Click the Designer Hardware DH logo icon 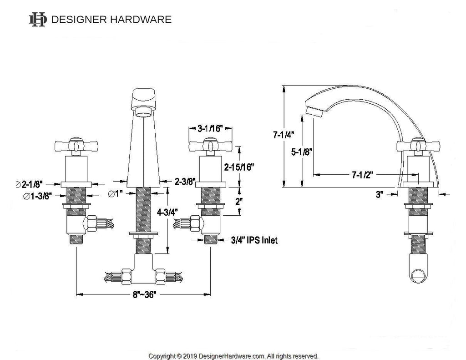[x=37, y=19]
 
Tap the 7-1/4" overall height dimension [x=284, y=135]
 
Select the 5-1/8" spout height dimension [x=301, y=152]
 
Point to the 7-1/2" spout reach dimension [x=362, y=175]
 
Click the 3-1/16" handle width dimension [x=210, y=128]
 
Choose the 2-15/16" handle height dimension [x=239, y=167]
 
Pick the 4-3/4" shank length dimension [x=167, y=212]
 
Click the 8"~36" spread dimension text [x=144, y=294]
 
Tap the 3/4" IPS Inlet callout [x=254, y=240]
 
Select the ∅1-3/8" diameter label [x=38, y=196]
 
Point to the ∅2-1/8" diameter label [x=30, y=184]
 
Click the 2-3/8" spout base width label [x=185, y=181]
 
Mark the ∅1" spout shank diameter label [x=116, y=194]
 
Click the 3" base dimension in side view [x=379, y=195]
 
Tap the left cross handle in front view [x=76, y=146]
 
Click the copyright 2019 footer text [x=233, y=356]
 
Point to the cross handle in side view [x=419, y=146]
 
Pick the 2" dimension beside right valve [x=238, y=201]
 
